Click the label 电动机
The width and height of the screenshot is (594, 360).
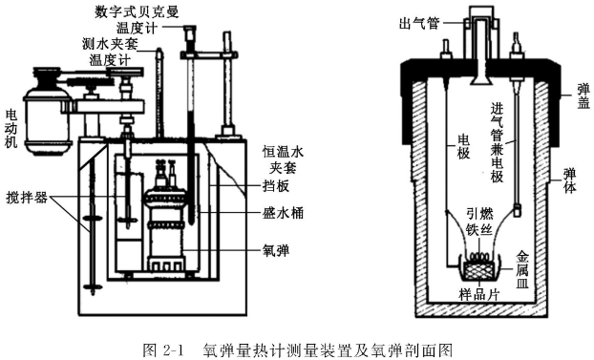click(11, 128)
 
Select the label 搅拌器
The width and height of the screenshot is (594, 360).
click(27, 198)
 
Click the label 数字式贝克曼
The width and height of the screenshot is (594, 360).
click(138, 11)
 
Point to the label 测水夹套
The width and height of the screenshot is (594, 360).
click(110, 44)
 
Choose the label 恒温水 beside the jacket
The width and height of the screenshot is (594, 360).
click(283, 153)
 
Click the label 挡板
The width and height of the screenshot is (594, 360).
click(276, 185)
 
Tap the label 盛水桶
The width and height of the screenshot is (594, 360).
click(283, 213)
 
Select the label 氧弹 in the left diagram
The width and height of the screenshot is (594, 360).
click(276, 250)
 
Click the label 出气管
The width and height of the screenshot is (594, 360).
click(419, 24)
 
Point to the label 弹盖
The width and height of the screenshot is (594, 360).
click(583, 95)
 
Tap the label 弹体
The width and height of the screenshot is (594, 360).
click(569, 180)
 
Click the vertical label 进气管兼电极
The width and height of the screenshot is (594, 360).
click(497, 142)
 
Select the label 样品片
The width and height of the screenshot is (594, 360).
click(479, 294)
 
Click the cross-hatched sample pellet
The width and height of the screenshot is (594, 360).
click(479, 269)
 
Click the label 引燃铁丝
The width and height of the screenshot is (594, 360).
click(479, 222)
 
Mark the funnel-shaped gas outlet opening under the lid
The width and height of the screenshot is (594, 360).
click(480, 79)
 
